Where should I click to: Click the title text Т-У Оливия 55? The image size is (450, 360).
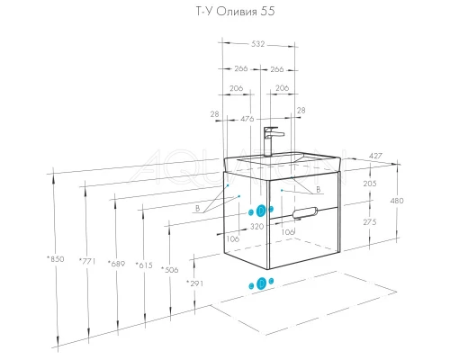pos(235,12)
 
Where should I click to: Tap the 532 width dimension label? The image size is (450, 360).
pos(258,44)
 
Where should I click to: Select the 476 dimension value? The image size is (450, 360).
pos(247,119)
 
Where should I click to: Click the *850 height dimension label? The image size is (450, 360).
pos(56,258)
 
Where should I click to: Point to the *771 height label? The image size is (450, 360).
pos(87,261)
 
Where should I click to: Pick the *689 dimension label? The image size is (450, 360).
pos(116,264)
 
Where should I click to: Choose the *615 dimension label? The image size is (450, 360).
pos(144,265)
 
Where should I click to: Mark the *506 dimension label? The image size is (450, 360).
pos(170,269)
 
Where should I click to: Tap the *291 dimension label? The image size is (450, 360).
pos(195,283)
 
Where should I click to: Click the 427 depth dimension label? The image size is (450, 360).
pos(375,156)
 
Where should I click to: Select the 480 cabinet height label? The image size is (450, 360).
pos(397,201)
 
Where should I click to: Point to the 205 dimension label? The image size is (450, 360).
pos(370,184)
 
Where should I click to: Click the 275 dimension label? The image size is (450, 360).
pos(370,222)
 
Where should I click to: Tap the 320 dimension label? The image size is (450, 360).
pos(257,226)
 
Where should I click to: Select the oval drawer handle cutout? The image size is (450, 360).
pos(304,212)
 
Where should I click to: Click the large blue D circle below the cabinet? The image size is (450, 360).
pos(262,283)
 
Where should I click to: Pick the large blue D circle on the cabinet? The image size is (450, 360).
pos(261,211)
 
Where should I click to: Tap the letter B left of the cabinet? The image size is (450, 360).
pos(197,208)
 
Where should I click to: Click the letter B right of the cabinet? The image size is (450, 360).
pos(319,190)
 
